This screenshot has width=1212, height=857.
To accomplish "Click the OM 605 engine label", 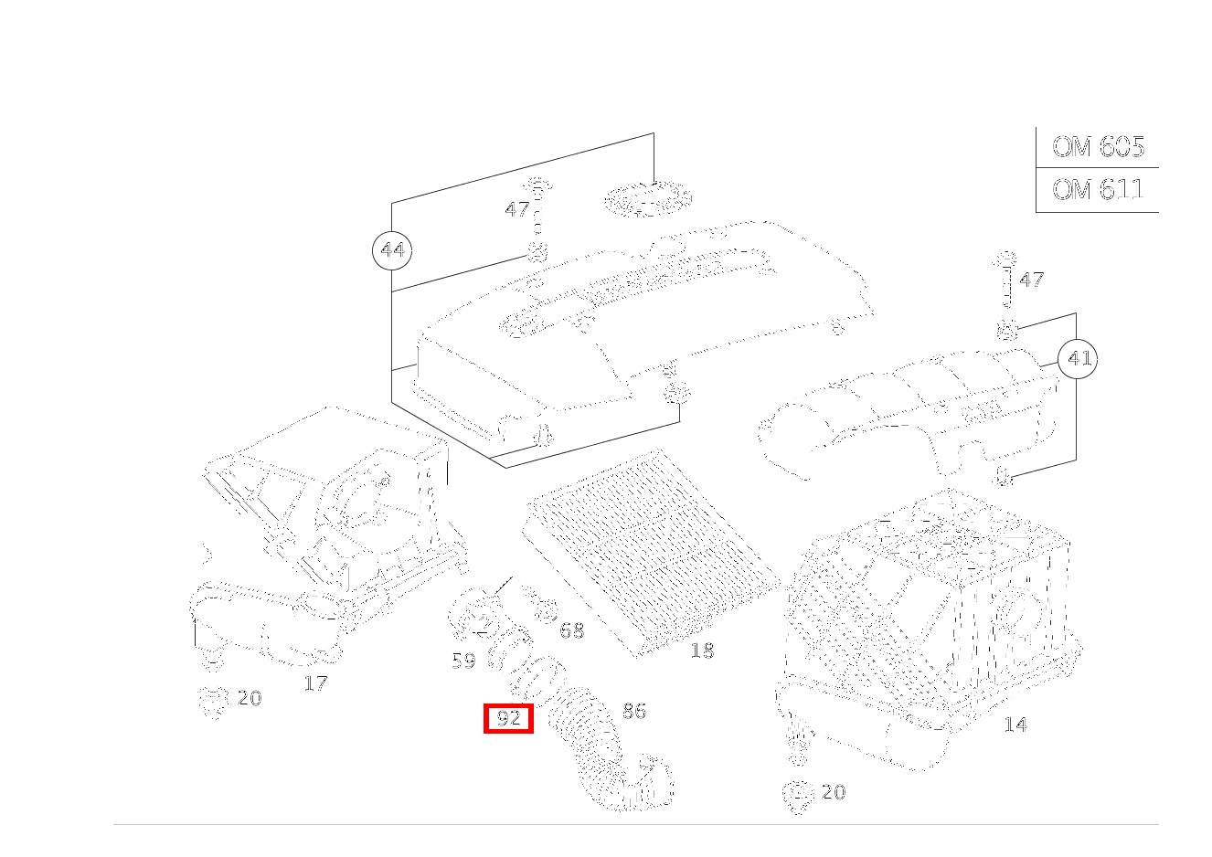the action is pyautogui.click(x=1098, y=146).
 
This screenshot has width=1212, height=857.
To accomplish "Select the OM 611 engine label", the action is pyautogui.click(x=1098, y=189).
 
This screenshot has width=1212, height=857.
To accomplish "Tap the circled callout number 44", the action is pyautogui.click(x=392, y=250).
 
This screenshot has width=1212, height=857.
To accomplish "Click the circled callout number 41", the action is pyautogui.click(x=1078, y=358).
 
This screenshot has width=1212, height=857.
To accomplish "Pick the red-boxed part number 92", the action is pyautogui.click(x=508, y=718).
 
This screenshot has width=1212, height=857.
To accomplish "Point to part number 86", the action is pyautogui.click(x=634, y=711).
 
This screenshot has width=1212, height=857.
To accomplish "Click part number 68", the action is pyautogui.click(x=572, y=630).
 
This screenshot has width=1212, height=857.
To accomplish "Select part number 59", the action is pyautogui.click(x=463, y=661).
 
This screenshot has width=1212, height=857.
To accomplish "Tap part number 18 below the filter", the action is pyautogui.click(x=702, y=651).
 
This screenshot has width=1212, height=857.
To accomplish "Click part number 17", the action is pyautogui.click(x=315, y=683).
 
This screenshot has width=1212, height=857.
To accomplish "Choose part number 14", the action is pyautogui.click(x=1015, y=725).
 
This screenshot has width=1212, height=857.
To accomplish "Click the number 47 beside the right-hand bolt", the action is pyautogui.click(x=1031, y=280).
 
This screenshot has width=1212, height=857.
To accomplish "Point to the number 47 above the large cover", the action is pyautogui.click(x=516, y=208).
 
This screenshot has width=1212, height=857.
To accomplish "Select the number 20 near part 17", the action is pyautogui.click(x=250, y=698).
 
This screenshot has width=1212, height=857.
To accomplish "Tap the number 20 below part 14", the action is pyautogui.click(x=834, y=792).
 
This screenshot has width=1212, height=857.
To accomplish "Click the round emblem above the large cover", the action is pyautogui.click(x=648, y=199).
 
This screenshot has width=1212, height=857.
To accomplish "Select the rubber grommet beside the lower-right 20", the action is pyautogui.click(x=798, y=796).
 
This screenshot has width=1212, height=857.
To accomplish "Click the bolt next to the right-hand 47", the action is pyautogui.click(x=1005, y=280).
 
